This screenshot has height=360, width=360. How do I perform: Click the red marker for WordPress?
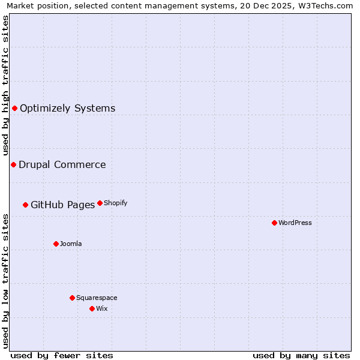pos(274,223)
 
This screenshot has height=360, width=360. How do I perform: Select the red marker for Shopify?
pos(100,203)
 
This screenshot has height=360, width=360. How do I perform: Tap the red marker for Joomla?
pos(56,244)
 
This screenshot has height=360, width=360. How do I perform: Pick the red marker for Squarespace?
pos(72,298)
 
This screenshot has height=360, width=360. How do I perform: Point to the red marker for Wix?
pos(92,308)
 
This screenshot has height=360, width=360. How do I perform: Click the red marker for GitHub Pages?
pos(25,205)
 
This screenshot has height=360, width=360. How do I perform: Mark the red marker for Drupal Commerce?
pos(13,164)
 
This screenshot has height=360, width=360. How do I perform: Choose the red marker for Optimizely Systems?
pos(14,108)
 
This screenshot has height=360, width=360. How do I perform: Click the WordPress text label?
pos(295,223)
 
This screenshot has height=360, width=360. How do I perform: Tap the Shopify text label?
pos(116,203)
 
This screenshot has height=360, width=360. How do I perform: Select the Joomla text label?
pos(71,244)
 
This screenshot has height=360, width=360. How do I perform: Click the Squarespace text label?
pos(97,298)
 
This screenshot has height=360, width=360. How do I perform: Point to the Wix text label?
pos(102,308)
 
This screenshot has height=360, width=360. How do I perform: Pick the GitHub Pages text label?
pos(62,205)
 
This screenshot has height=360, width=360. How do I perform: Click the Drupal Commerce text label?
pos(62,164)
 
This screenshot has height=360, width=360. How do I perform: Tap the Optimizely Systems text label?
pos(67,108)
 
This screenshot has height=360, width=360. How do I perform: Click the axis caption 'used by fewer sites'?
pos(62,355)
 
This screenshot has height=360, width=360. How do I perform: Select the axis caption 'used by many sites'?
pos(301,355)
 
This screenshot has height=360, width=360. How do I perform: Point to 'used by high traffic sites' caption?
pos(5,83)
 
